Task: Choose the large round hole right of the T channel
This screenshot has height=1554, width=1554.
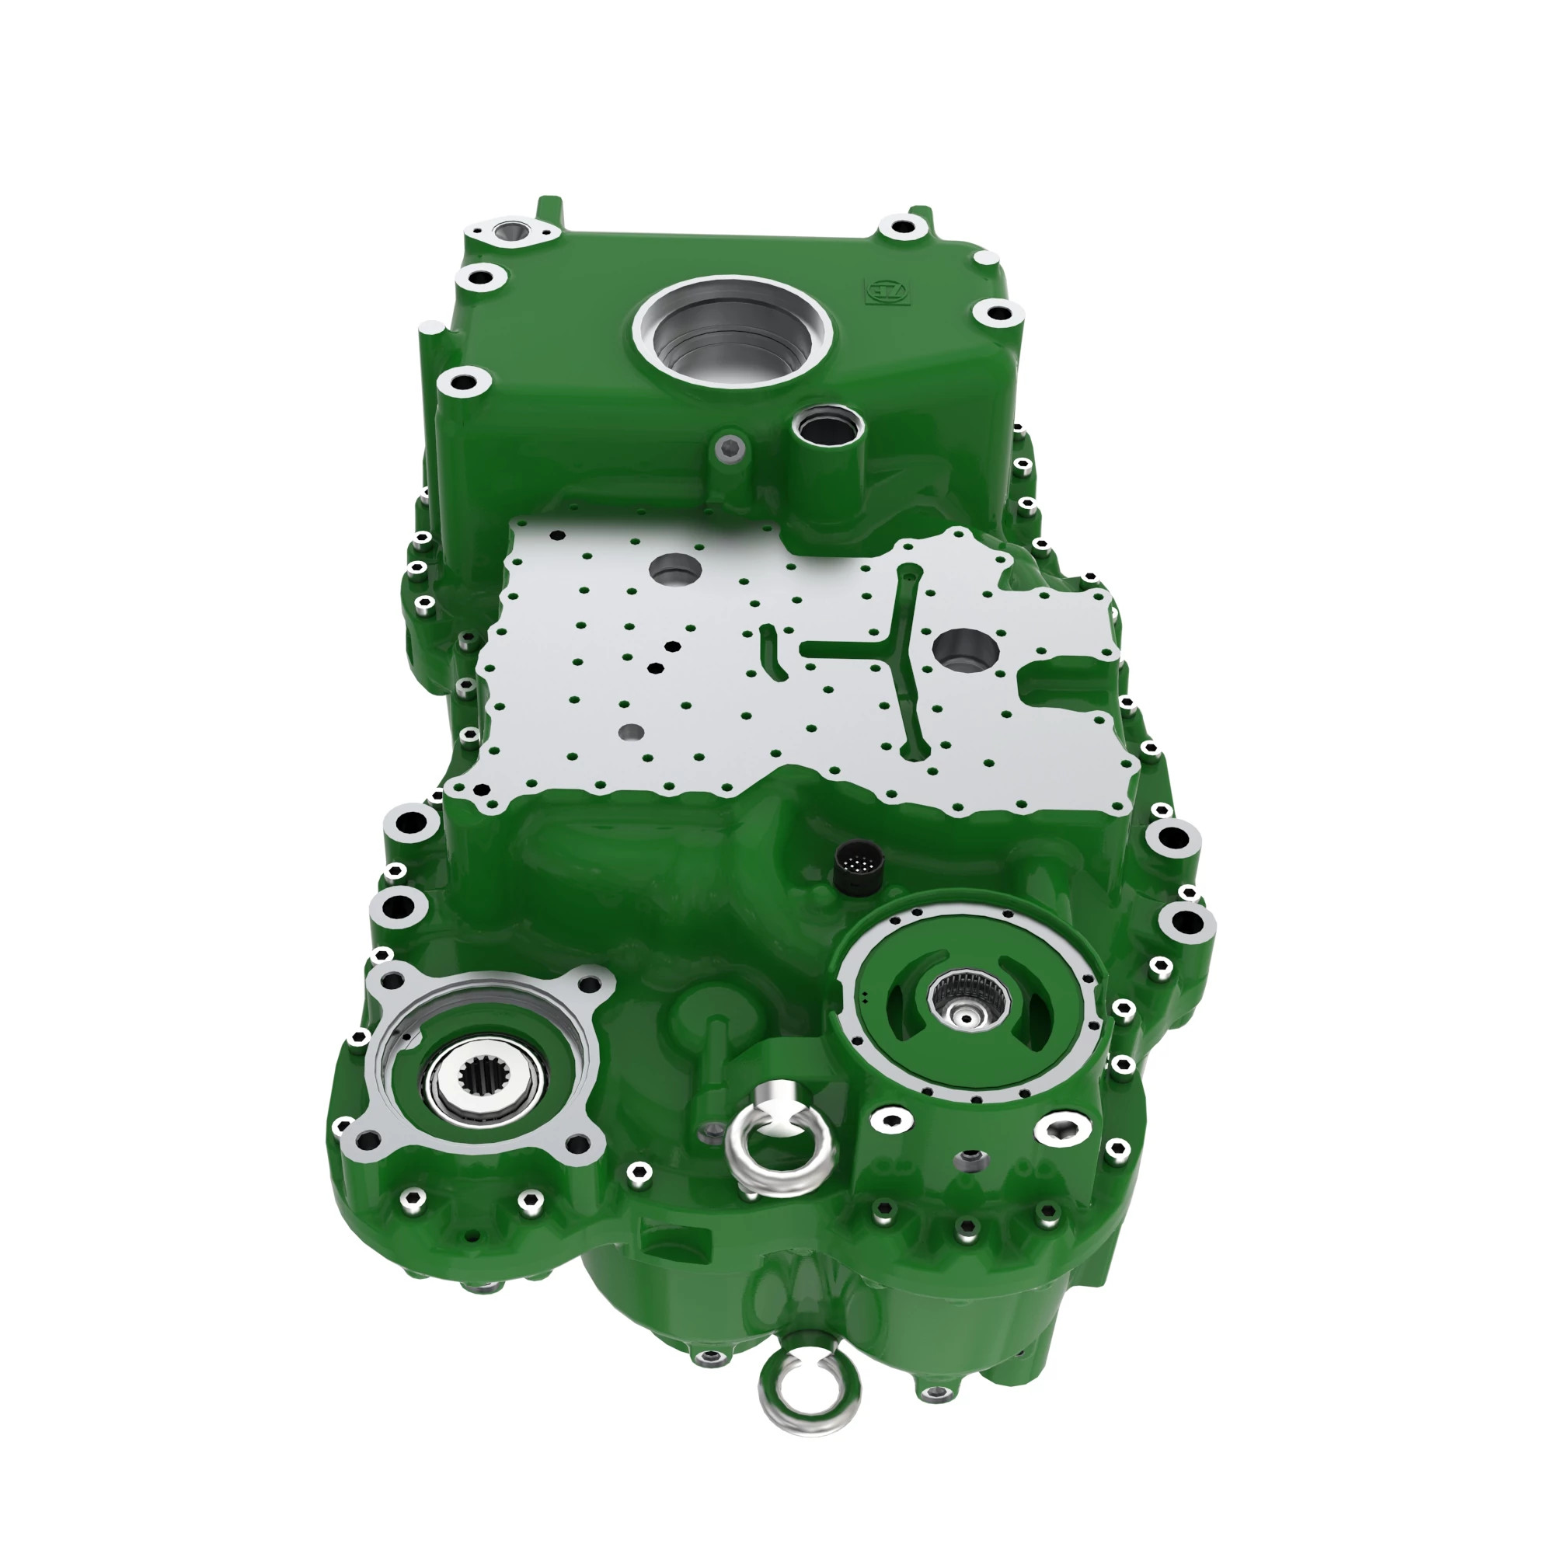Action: tap(965, 650)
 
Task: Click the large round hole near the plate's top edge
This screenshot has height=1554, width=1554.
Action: tap(675, 570)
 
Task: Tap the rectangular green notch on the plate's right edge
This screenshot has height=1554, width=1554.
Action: tap(1061, 682)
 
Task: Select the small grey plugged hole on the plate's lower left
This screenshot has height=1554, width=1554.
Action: tap(632, 732)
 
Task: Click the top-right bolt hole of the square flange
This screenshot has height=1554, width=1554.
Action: tap(593, 982)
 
